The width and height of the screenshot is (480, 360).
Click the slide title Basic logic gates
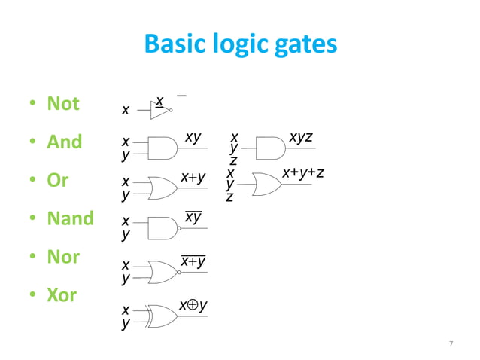pos(241,45)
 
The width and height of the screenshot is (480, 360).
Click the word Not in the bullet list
pos(63,103)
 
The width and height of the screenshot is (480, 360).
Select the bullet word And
pos(65,142)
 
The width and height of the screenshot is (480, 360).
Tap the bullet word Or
pos(58,181)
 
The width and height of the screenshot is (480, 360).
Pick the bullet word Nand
pos(70,218)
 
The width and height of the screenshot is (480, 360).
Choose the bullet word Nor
pos(63,257)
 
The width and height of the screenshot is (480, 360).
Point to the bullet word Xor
pos(63,295)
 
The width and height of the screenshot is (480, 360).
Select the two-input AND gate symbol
pos(163,148)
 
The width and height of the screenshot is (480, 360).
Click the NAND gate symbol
pos(163,227)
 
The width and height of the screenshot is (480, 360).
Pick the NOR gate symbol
pos(163,271)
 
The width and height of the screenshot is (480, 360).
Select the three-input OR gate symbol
pos(266,184)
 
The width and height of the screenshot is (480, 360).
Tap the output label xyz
pos(301,137)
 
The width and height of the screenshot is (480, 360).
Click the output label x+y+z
pos(303,173)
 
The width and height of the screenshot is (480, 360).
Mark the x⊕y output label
pos(193,305)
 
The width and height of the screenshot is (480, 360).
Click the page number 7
pos(451,343)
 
